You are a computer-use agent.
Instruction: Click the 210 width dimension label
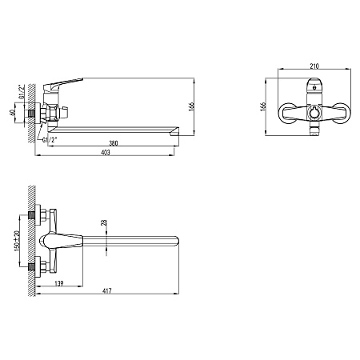click(314, 66)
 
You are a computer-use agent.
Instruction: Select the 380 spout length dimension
click(114, 143)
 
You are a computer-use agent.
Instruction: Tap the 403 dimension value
click(106, 152)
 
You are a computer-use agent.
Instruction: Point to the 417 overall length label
click(107, 290)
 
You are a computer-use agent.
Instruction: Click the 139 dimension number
click(59, 283)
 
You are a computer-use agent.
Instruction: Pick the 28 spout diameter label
click(104, 222)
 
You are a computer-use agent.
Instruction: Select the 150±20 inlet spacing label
click(17, 241)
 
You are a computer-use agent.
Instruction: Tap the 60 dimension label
click(12, 113)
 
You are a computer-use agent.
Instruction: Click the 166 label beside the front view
click(263, 106)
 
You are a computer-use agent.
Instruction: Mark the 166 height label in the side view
click(191, 106)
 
